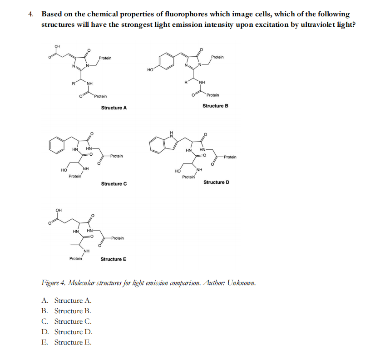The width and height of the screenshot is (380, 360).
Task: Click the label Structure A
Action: [114, 108]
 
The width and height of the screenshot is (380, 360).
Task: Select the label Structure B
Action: [215, 106]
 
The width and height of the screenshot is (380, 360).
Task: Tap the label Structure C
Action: [114, 184]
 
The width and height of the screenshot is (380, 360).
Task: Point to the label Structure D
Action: [216, 182]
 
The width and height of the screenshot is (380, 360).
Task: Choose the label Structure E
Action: [113, 259]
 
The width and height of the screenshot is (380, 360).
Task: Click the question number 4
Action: [30, 14]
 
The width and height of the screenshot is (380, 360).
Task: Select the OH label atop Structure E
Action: [58, 210]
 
